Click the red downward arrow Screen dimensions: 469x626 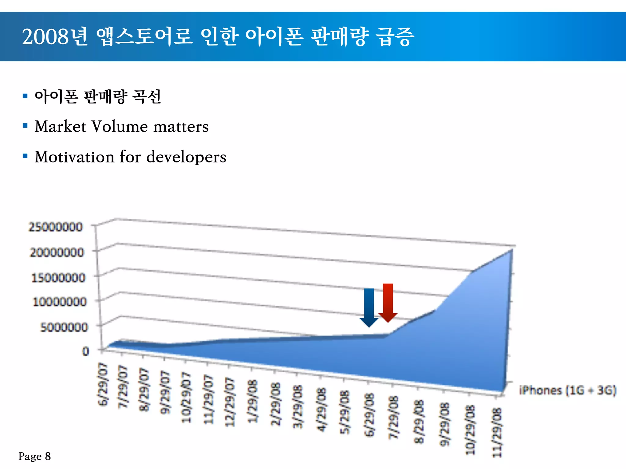(388, 302)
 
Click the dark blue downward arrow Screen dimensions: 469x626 (369, 307)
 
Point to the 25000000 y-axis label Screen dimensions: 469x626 (56, 227)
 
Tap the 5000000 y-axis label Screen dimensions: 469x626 (64, 327)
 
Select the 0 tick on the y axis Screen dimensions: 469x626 (86, 351)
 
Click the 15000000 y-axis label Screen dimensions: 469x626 (58, 278)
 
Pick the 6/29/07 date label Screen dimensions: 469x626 (103, 384)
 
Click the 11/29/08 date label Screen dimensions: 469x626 (497, 432)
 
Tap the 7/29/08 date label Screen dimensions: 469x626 (393, 418)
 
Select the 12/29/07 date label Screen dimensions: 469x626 (230, 402)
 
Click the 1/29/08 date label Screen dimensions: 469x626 (252, 401)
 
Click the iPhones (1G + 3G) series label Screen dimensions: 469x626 (568, 391)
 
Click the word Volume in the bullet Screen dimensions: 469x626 (120, 126)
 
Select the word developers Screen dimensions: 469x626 (186, 157)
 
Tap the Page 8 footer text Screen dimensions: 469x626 (35, 456)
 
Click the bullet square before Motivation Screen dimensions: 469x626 (25, 156)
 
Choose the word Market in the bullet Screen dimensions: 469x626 (61, 126)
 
